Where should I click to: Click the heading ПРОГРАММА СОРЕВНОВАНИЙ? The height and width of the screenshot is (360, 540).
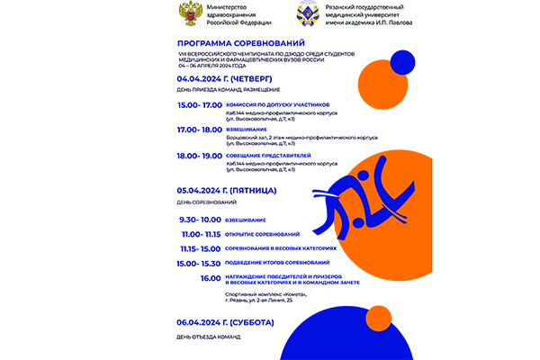click(x=240, y=43)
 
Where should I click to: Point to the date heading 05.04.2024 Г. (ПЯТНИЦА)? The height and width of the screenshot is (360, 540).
click(x=226, y=191)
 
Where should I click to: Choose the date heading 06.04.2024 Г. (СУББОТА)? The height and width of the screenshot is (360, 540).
click(x=225, y=322)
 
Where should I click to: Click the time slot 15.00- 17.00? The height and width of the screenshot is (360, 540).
click(x=199, y=105)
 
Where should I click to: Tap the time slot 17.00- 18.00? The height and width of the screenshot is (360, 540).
click(x=199, y=130)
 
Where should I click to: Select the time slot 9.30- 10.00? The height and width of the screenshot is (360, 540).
click(x=199, y=220)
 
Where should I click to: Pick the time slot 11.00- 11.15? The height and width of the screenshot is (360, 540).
click(x=201, y=234)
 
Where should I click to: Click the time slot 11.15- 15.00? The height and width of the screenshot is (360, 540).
click(x=200, y=247)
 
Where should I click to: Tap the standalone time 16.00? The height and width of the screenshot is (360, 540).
click(x=211, y=278)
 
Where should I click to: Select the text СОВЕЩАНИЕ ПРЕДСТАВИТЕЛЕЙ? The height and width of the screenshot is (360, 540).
click(x=268, y=155)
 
